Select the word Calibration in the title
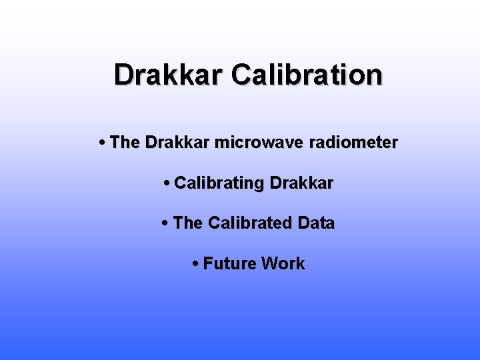point(307,75)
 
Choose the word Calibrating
point(219,183)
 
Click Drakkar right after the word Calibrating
point(301,183)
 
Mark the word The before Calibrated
point(187,223)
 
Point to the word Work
point(283,264)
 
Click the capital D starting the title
point(123,75)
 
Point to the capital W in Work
point(270,264)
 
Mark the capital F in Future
point(208,264)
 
